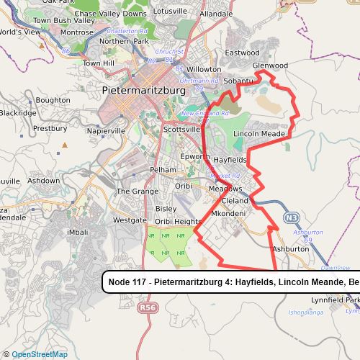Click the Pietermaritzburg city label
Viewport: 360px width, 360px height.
[x=151, y=91]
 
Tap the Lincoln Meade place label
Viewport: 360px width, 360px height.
[x=260, y=134]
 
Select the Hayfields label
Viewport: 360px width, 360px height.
[x=230, y=159]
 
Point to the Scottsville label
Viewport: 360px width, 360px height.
[x=182, y=129]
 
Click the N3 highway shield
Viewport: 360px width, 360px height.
[x=291, y=217]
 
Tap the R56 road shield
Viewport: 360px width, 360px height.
[x=148, y=307]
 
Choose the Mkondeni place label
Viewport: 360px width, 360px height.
[x=229, y=214]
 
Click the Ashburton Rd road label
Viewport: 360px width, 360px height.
[x=307, y=233]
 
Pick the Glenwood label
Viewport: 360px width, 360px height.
[x=270, y=66]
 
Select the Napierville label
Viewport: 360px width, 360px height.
[x=105, y=131]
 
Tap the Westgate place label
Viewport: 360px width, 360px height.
[x=130, y=220]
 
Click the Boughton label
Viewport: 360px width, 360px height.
[x=53, y=100]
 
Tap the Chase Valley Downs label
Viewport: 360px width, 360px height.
[x=110, y=14]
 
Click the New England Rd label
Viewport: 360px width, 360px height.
[x=204, y=113]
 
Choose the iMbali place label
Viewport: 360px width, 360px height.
[x=77, y=232]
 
